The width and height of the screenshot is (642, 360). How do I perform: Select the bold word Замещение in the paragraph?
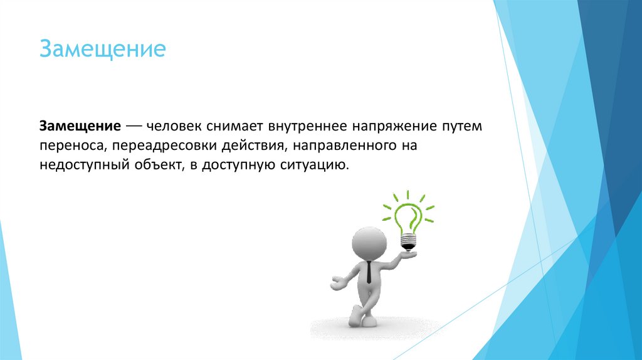pos(81,125)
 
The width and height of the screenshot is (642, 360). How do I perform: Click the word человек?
pos(174,125)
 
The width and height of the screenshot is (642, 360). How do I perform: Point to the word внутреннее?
pos(305,125)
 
